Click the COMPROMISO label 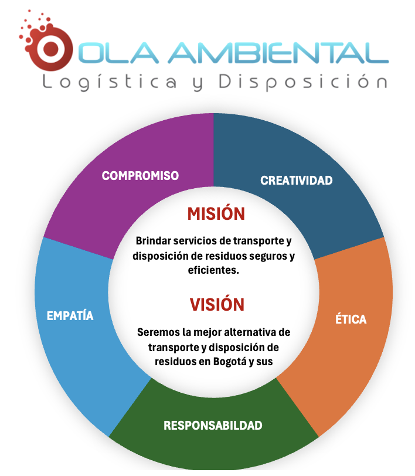point(140,176)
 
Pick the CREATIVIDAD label point(296,181)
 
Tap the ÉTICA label point(351,319)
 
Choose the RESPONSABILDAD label point(213,426)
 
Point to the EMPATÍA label point(70,315)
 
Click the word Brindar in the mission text point(153,241)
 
